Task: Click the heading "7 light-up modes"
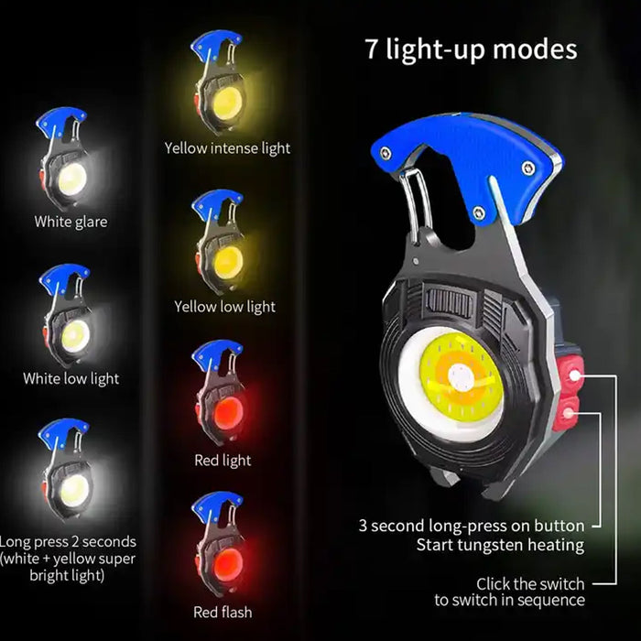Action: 472,49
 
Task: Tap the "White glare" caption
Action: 71,222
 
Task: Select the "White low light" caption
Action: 71,378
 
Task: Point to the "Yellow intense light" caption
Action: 227,147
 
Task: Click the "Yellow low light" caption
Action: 224,307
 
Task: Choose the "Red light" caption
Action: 223,461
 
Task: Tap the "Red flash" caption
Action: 223,611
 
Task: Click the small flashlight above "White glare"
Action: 65,165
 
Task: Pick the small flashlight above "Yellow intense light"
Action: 220,87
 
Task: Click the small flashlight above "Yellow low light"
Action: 220,244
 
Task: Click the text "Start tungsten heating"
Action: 500,545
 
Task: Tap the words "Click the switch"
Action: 530,583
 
